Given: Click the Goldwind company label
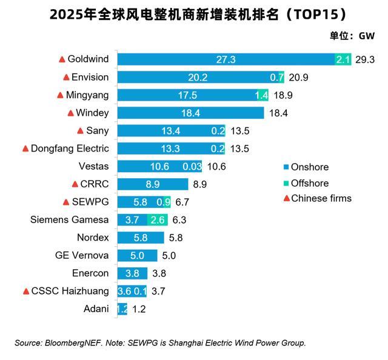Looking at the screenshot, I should (x=88, y=59).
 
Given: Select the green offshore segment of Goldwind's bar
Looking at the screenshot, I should (x=343, y=59).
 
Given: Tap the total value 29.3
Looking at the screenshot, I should (x=366, y=59).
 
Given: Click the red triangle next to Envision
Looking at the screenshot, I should (x=66, y=77).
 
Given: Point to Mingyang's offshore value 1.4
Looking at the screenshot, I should (x=261, y=95).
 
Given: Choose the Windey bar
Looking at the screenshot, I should (x=190, y=113).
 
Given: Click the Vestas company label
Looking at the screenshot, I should (x=93, y=166).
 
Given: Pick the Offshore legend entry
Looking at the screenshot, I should (x=306, y=183).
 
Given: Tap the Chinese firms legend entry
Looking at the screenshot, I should (x=317, y=198).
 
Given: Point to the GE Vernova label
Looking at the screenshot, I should (x=82, y=255).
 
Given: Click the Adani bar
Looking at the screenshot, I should (x=122, y=308).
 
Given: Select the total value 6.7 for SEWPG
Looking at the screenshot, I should (x=183, y=202).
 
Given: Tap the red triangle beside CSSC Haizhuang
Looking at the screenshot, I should (x=26, y=292).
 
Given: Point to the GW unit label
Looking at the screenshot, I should (x=367, y=36).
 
